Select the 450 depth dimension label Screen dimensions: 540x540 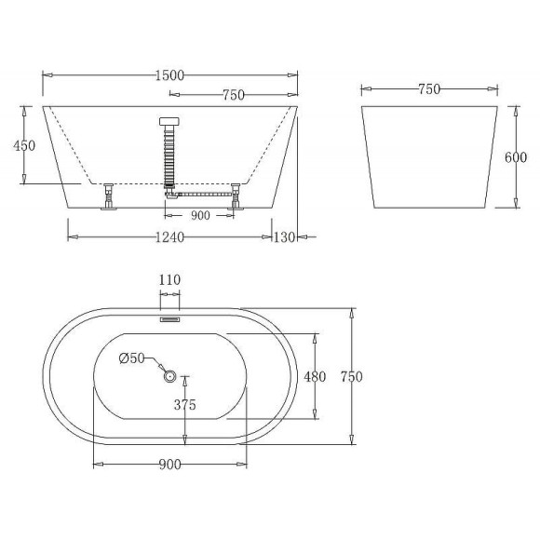pos(26,144)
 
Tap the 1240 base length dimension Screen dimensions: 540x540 pos(169,237)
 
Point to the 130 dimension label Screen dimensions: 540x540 pos(283,237)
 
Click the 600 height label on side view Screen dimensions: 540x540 pos(516,156)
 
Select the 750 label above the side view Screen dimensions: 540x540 pos(429,89)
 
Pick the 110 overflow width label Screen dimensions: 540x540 pos(170,279)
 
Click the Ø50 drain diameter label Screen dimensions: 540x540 pos(132,358)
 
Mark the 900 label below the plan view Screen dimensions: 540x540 pos(169,464)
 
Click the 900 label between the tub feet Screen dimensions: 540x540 pos(199,215)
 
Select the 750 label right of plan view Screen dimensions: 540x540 pos(350,376)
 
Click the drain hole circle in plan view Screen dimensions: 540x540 pos(170,376)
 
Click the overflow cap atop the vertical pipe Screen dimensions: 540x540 pos(170,120)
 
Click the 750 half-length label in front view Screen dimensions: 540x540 pos(235,95)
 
